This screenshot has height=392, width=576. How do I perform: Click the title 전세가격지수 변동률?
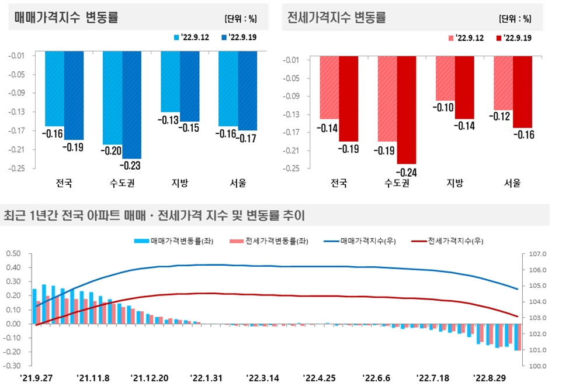tap(337, 18)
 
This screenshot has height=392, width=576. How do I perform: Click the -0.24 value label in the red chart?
tap(406, 171)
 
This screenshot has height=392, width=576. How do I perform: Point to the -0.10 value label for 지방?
tap(445, 107)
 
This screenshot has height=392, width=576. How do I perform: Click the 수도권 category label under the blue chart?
tap(122, 183)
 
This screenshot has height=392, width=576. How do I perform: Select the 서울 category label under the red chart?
tap(512, 183)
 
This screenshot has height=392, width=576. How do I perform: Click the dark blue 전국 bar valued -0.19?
tap(74, 95)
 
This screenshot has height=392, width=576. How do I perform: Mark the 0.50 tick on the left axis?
tap(13, 253)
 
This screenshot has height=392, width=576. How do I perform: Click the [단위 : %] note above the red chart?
tap(515, 18)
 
